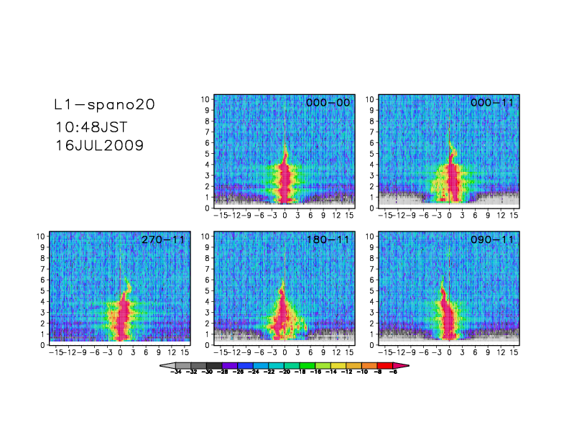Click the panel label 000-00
[x=328, y=103]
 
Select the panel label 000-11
[x=492, y=103]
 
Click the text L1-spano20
[x=105, y=105]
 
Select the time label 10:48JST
[x=93, y=128]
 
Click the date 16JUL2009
[x=99, y=145]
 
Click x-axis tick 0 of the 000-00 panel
[x=285, y=215]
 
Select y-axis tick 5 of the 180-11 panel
[x=207, y=290]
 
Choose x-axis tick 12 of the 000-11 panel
[x=502, y=215]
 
